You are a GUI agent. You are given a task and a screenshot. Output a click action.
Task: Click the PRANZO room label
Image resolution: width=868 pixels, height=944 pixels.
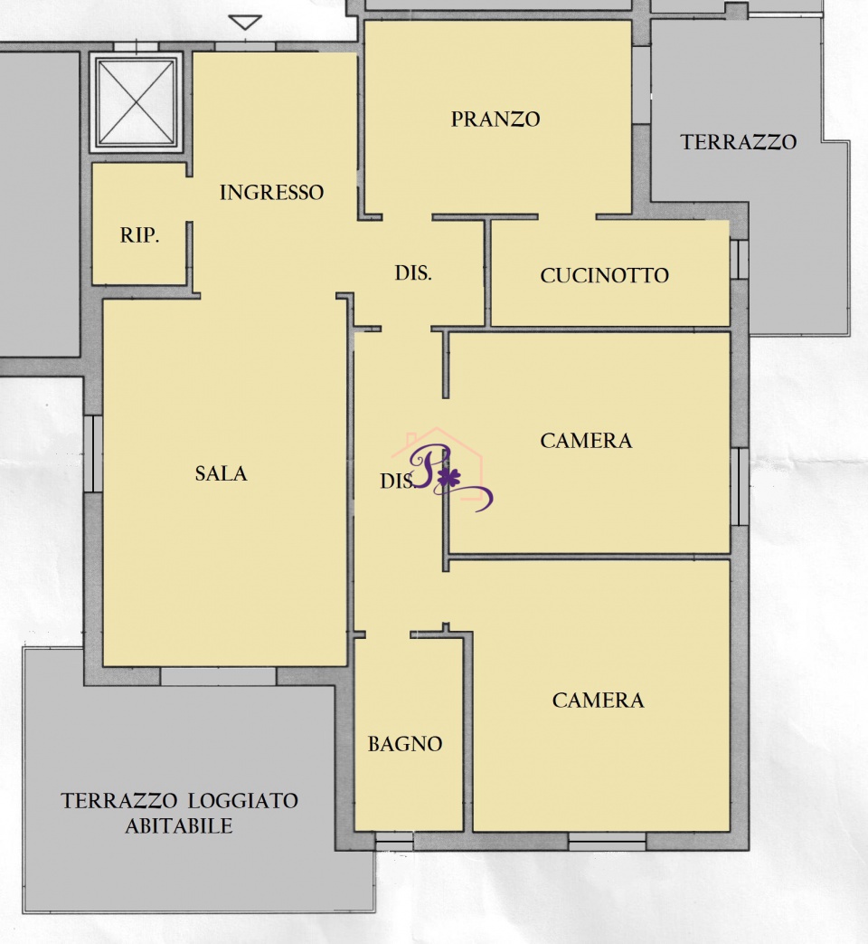pyautogui.click(x=495, y=119)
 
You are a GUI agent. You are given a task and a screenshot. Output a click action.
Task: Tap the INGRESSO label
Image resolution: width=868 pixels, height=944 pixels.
pyautogui.click(x=272, y=193)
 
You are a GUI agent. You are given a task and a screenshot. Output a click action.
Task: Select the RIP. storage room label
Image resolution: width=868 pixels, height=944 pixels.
pyautogui.click(x=139, y=234)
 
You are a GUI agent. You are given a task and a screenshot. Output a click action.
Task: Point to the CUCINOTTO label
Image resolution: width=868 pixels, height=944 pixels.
pyautogui.click(x=605, y=276)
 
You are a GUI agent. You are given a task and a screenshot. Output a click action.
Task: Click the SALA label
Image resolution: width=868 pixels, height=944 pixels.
pyautogui.click(x=222, y=473)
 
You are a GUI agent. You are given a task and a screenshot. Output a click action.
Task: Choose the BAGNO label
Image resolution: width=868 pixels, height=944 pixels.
pyautogui.click(x=405, y=744)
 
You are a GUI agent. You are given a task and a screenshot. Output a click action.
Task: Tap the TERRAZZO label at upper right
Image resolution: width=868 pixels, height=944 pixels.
pyautogui.click(x=739, y=142)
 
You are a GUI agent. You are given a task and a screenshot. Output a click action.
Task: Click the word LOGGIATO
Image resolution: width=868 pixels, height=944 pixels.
pyautogui.click(x=243, y=801)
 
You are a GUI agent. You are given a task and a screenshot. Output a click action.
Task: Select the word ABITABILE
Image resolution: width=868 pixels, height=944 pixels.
pyautogui.click(x=179, y=826)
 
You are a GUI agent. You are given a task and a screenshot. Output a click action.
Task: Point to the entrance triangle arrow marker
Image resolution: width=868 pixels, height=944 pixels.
pyautogui.click(x=245, y=23)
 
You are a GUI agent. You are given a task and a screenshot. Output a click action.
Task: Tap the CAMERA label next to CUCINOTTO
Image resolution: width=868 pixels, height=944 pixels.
pyautogui.click(x=587, y=441)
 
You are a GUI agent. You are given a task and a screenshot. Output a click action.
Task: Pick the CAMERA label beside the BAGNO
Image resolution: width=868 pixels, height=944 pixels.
pyautogui.click(x=599, y=701)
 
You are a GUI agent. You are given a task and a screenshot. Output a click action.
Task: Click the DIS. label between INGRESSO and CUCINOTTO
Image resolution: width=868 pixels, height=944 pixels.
pyautogui.click(x=413, y=273)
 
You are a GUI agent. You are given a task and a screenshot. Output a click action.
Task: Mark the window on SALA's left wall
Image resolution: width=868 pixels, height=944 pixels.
pyautogui.click(x=93, y=454)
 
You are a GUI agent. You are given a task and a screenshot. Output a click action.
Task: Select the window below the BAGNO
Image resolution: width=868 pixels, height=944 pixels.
pyautogui.click(x=394, y=841)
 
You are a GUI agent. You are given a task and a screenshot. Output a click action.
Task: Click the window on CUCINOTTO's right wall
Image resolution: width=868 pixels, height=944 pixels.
pyautogui.click(x=740, y=260)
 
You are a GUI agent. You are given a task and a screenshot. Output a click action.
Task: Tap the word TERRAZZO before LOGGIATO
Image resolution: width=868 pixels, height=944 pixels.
pyautogui.click(x=119, y=801)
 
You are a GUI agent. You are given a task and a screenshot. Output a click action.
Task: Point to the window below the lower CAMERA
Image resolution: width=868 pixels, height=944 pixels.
pyautogui.click(x=607, y=841)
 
